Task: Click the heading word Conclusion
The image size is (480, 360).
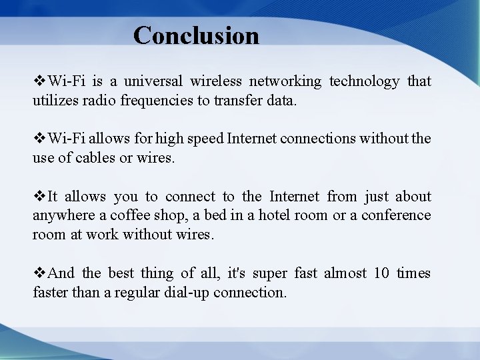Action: [x=196, y=35]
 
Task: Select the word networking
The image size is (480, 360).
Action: [x=285, y=81]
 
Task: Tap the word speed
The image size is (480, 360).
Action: [x=205, y=139]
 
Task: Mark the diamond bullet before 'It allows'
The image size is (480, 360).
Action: [x=39, y=197]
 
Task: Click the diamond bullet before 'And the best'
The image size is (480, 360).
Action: [x=39, y=273]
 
